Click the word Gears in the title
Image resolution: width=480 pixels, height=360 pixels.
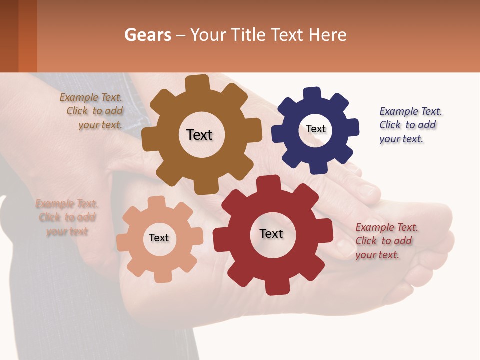tap(147, 35)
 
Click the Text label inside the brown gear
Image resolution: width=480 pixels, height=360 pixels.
tap(199, 135)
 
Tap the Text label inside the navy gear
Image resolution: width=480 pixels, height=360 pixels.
tap(316, 129)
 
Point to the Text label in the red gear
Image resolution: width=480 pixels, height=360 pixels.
tap(271, 233)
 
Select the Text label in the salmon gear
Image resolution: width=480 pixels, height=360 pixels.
tap(159, 238)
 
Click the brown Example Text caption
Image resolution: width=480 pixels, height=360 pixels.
tap(91, 111)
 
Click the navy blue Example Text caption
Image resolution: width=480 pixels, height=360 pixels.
tap(410, 125)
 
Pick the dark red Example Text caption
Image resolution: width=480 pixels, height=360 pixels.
tap(386, 241)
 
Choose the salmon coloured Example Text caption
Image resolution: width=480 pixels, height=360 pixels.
tap(67, 217)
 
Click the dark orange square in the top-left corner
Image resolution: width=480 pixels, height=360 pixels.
tap(28, 36)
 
